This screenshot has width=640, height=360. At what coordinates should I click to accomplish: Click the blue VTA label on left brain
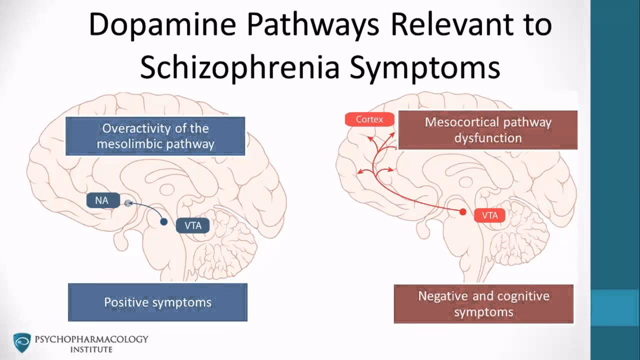click(193, 225)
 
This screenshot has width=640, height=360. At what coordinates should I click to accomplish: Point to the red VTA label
click(489, 215)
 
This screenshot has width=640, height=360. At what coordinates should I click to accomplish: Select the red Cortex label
click(369, 119)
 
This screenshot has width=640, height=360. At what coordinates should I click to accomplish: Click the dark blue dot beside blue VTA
click(163, 221)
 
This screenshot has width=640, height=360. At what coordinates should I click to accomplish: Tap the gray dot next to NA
click(128, 202)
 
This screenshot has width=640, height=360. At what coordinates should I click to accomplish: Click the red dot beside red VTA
click(463, 212)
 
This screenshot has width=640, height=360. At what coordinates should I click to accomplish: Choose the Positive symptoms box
click(157, 302)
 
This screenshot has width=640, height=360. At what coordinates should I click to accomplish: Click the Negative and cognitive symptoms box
click(483, 304)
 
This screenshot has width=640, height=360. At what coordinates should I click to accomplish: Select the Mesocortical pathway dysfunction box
click(487, 130)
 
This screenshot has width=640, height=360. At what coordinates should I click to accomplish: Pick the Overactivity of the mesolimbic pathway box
click(155, 136)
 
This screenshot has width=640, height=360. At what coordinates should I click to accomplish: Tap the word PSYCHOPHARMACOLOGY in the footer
click(91, 339)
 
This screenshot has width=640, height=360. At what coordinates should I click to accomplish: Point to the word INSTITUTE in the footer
click(91, 349)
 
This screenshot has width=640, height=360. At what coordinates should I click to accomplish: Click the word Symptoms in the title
click(424, 67)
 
